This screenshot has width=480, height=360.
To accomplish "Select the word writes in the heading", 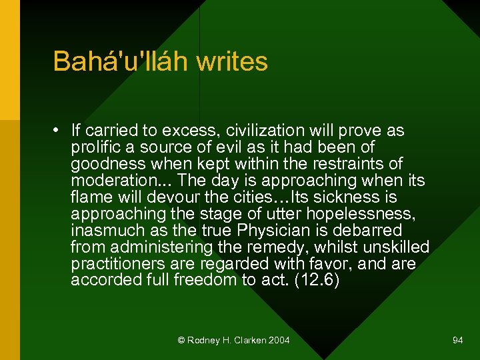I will click(x=232, y=61).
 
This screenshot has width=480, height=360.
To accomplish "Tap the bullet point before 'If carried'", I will click(x=59, y=131).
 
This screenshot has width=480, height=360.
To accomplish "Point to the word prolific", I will click(x=94, y=147).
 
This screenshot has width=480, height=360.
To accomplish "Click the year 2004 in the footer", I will click(x=279, y=341).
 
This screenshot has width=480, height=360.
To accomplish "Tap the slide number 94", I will click(x=457, y=341).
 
